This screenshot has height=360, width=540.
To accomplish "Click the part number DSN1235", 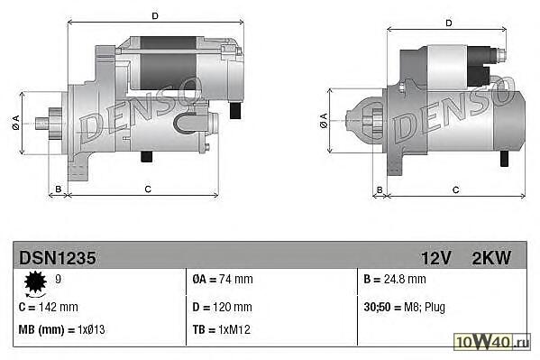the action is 58,258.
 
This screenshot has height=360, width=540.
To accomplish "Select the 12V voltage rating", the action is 436,258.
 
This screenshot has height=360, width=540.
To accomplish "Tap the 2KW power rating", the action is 491,258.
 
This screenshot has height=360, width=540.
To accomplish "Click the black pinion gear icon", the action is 35,283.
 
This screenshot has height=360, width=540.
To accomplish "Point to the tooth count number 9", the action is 59,279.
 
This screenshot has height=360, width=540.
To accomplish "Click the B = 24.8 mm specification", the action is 395,279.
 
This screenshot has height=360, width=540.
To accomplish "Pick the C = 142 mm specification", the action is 48,307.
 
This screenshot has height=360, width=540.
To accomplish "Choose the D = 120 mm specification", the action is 223,307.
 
